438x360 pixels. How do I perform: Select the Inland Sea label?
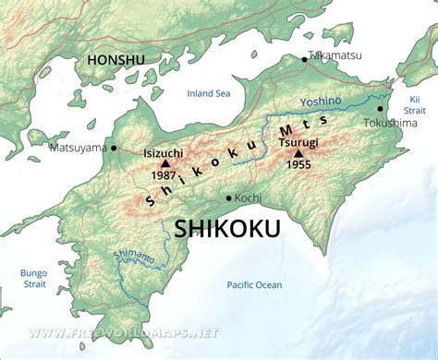(208, 93)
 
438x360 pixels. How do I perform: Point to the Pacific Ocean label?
(255, 285)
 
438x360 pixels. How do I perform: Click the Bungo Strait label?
(33, 279)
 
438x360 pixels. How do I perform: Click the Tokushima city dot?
(380, 108)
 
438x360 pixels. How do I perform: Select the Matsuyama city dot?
(114, 147)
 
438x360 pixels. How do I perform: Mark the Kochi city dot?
(229, 198)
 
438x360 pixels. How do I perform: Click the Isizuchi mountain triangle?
(165, 162)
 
